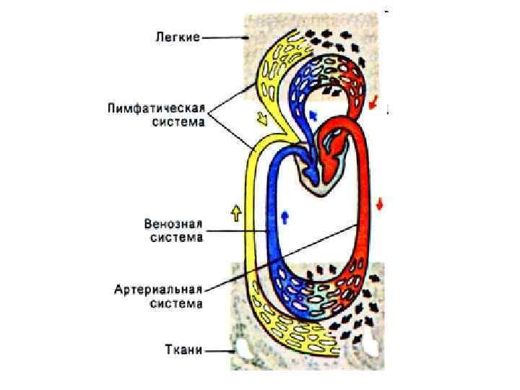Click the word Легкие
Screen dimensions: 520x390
pos(177,35)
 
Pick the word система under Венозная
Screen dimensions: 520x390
pos(177,238)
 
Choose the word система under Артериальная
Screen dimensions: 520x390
pos(177,303)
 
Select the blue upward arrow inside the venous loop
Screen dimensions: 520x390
pos(284,214)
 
